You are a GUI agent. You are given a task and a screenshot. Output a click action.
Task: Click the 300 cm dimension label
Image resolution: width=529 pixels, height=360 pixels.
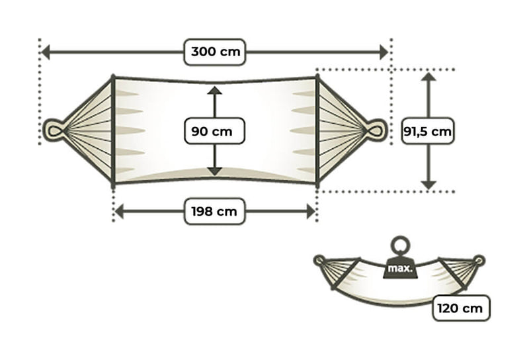(214, 52)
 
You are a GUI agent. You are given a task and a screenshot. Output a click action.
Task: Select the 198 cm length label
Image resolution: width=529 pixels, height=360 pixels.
(214, 212)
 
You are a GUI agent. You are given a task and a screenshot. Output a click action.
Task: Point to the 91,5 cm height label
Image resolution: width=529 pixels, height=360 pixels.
(428, 131)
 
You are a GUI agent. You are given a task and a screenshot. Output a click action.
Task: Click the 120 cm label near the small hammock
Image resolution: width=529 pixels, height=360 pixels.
(461, 308)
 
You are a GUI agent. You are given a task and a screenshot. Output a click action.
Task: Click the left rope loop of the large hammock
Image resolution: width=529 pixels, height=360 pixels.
(53, 130)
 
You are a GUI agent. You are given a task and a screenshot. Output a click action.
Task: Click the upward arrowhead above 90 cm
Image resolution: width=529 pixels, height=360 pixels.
(214, 90)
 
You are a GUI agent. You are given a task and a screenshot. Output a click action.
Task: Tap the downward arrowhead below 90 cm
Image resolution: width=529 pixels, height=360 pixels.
(214, 171)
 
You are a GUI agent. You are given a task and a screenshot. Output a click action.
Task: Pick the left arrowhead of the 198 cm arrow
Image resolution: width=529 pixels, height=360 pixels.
(120, 212)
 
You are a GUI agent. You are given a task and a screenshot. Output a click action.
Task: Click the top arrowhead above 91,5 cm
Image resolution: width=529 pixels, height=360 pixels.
(428, 77)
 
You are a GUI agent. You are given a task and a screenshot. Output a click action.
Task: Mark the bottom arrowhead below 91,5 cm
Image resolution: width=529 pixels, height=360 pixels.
(428, 185)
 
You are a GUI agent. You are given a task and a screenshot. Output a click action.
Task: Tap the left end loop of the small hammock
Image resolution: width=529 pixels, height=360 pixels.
(321, 261)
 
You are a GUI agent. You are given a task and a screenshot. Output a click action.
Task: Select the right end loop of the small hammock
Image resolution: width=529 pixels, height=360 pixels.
(479, 261)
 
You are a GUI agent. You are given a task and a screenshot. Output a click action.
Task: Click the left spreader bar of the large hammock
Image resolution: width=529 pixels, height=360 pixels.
(114, 130)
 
